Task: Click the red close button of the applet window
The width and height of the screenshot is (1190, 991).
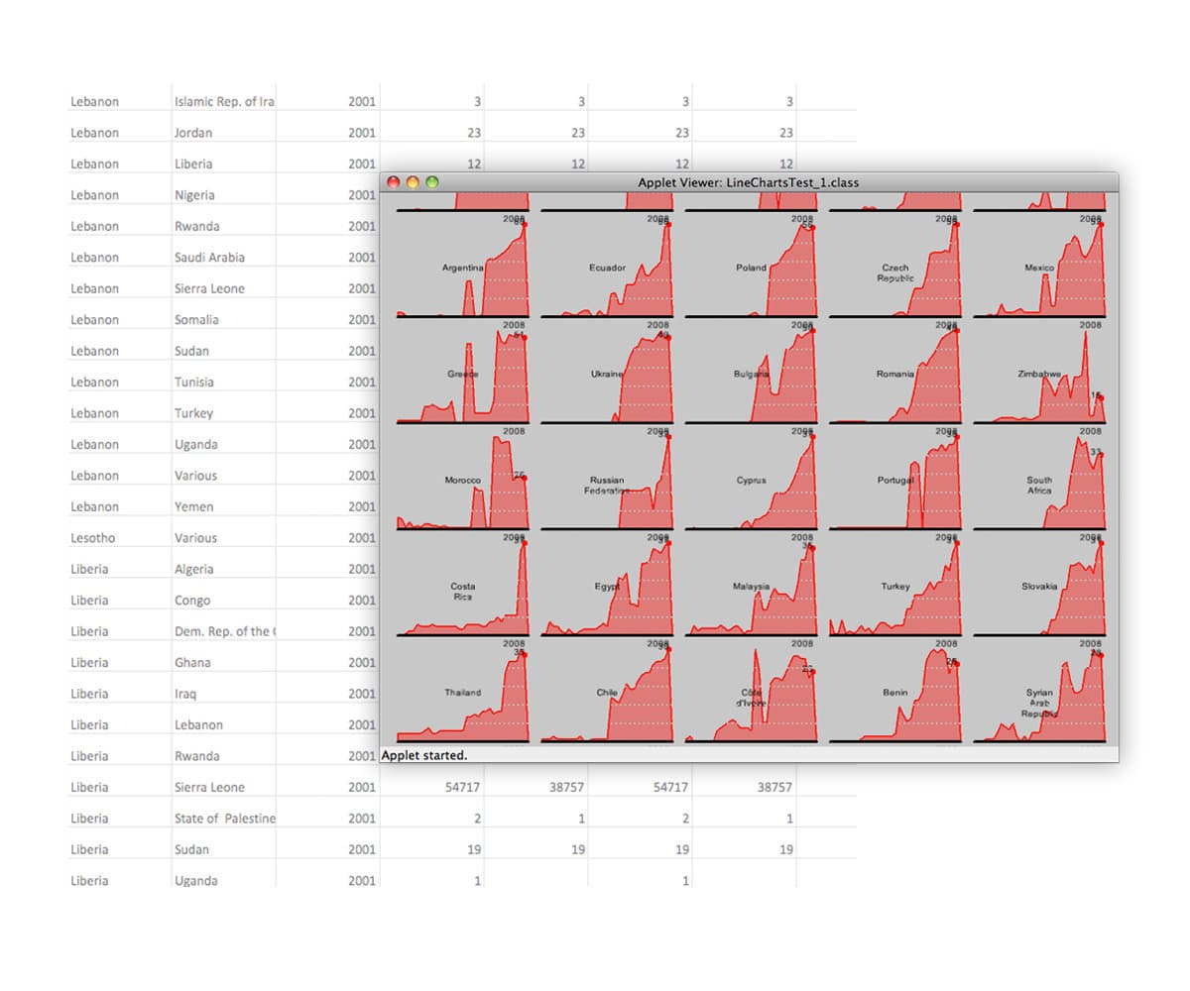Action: point(393,182)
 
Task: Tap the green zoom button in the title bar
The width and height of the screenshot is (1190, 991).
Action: point(431,182)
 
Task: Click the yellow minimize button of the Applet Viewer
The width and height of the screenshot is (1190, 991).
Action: point(413,182)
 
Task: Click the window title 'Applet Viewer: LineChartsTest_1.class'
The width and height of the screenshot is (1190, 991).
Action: point(748,182)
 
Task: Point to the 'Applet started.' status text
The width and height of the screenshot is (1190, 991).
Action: point(424,755)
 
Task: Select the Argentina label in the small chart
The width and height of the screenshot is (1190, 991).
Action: point(463,268)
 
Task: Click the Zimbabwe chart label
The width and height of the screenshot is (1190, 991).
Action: point(1039,374)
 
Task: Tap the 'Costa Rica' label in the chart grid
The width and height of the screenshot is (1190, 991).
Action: point(463,592)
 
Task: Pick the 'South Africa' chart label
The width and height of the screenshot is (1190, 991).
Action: point(1039,485)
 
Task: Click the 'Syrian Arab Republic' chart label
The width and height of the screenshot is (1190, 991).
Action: point(1039,703)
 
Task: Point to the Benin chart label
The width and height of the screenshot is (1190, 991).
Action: point(895,693)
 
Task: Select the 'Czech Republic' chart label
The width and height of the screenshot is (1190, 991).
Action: point(895,273)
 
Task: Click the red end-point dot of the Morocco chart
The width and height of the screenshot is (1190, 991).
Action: point(525,478)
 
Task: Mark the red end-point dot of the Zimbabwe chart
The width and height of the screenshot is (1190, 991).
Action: point(1101,397)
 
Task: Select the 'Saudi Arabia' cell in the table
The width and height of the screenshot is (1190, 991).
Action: point(209,258)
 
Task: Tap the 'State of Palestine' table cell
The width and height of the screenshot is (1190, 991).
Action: point(225,819)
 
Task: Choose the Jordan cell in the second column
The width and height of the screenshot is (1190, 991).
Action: point(193,133)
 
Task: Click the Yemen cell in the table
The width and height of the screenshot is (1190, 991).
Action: point(193,506)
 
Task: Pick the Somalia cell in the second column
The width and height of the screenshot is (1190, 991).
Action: point(196,320)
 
